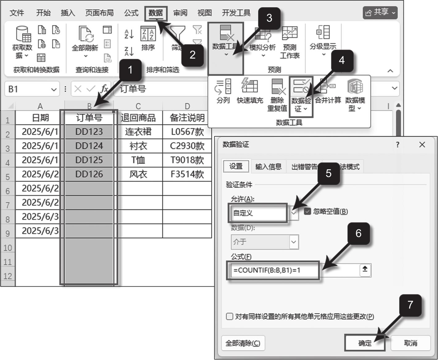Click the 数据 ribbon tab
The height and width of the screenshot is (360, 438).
point(156,13)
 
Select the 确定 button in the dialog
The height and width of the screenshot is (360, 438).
point(365,343)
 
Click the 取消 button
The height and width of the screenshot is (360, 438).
point(410,343)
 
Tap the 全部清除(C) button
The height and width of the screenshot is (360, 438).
point(243,343)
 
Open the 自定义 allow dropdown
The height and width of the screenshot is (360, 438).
point(294,213)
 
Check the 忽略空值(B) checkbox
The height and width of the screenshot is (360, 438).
point(307,211)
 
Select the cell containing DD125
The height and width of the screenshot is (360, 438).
point(89,160)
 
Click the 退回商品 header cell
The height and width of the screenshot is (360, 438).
point(138,118)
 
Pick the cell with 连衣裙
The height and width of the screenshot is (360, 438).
point(138,132)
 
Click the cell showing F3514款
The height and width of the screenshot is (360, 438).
point(187,174)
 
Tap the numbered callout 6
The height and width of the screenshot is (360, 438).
point(358,234)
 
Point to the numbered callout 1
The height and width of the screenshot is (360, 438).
point(130,70)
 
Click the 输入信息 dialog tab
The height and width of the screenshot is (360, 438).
point(268,167)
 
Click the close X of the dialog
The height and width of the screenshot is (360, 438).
point(422,144)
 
